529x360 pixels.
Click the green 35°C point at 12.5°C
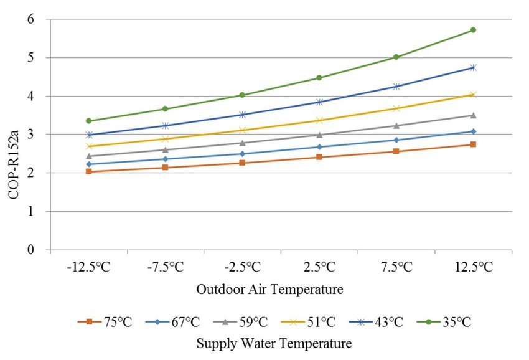(473, 30)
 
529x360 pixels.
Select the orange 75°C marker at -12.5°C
(89, 171)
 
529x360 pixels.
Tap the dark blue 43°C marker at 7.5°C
(396, 87)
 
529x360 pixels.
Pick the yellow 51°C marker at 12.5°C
(473, 95)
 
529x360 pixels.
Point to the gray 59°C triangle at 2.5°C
(319, 135)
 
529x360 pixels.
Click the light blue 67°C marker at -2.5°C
(243, 154)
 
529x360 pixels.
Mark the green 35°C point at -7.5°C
(166, 109)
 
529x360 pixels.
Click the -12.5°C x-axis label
(89, 267)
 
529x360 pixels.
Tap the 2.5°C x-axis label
(319, 267)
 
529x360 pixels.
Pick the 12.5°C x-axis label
(473, 267)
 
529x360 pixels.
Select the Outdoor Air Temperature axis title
(269, 289)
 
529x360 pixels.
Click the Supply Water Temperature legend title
(274, 343)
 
